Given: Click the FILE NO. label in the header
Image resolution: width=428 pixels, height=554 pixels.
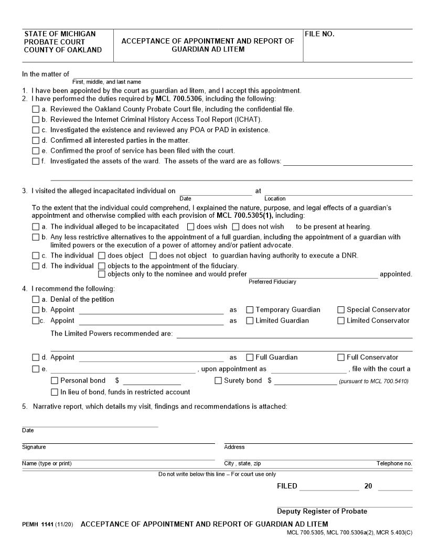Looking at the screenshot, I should tap(319, 34).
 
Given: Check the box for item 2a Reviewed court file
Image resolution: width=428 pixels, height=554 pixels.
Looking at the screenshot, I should tap(36, 109).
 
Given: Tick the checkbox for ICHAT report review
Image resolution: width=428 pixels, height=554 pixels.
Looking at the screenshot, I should tap(36, 120).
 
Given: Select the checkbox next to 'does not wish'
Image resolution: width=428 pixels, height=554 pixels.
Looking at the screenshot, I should tap(236, 227).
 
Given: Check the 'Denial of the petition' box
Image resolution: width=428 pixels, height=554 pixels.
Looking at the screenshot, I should tap(36, 299).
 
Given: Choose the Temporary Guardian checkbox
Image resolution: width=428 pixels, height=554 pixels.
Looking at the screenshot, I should tap(250, 310).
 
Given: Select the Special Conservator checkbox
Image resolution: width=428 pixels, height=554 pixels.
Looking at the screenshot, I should tap(341, 310).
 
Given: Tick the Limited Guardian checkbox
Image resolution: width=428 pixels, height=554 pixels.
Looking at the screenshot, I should tap(250, 321).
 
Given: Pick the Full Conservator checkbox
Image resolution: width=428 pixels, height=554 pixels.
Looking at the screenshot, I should tap(341, 357).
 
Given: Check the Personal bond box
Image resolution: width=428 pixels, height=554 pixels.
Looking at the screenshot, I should tap(55, 380).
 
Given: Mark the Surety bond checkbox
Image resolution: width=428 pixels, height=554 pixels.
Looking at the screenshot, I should tap(218, 380).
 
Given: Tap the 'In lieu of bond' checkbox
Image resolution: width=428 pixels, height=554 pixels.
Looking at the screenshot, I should tap(55, 392).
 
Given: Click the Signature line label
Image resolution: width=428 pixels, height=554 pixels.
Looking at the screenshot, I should tap(34, 447).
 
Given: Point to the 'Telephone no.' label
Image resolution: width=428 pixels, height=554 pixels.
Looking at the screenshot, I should tap(394, 463).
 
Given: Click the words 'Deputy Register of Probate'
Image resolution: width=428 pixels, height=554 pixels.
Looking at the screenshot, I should tap(322, 511).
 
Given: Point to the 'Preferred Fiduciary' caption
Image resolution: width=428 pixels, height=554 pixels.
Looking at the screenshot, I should tap(272, 282).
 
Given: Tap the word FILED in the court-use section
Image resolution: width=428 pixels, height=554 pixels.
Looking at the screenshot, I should tap(286, 486).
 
